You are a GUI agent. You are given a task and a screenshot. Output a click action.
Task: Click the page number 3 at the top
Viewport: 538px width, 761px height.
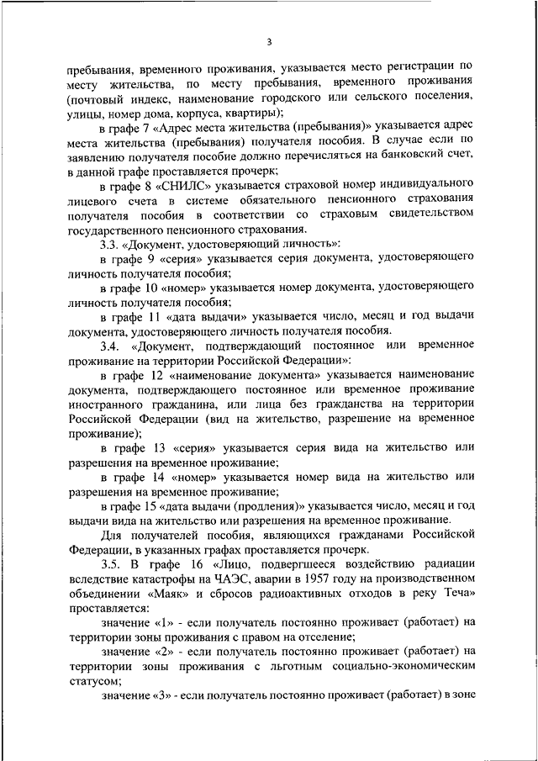269,41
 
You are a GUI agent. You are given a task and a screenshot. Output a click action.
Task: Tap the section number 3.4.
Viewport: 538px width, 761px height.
112,346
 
